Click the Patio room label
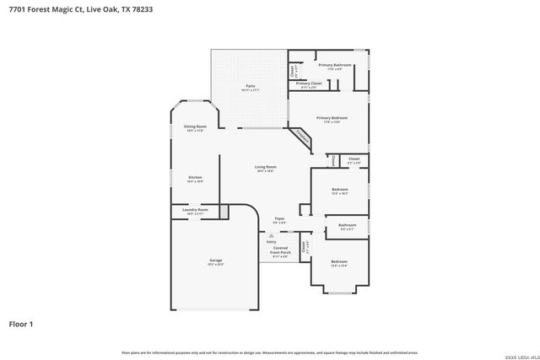(x=251, y=87)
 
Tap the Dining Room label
(x=195, y=127)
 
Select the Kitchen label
(x=195, y=178)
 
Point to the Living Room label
(x=266, y=168)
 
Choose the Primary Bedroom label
(x=332, y=119)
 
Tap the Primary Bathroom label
(x=335, y=66)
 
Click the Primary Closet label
(x=309, y=85)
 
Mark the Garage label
(x=216, y=262)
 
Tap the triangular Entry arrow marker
(x=271, y=236)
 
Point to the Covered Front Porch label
(x=280, y=251)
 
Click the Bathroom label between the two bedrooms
(x=347, y=226)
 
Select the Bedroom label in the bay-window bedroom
(x=338, y=263)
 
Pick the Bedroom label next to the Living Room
(x=339, y=192)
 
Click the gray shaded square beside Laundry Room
(x=224, y=212)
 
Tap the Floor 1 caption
(x=21, y=323)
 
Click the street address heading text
(x=63, y=10)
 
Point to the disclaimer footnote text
(x=270, y=352)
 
